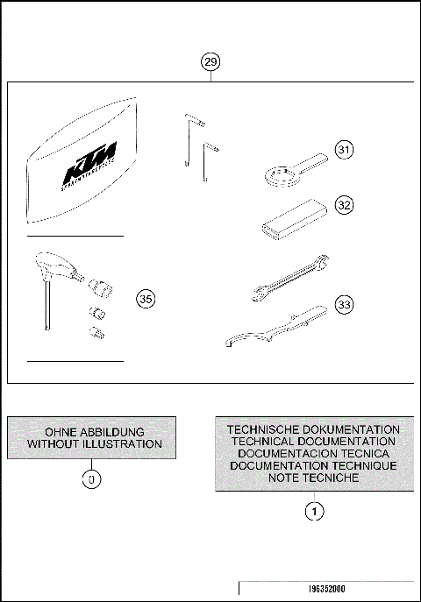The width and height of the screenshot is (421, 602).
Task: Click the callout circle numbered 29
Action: coord(210,62)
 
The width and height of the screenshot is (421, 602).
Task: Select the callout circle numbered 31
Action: coord(345,151)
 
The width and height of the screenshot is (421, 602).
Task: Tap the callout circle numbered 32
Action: coord(345,205)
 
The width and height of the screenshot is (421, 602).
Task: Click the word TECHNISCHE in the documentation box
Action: coord(267,430)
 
